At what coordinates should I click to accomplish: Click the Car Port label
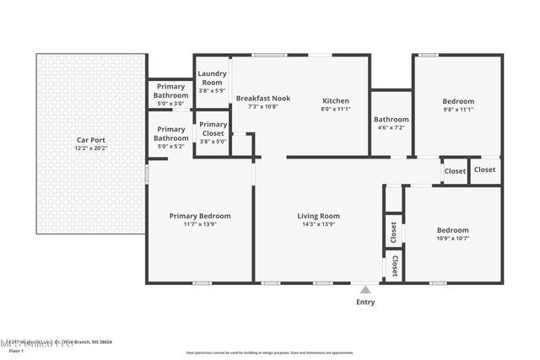(x=91, y=140)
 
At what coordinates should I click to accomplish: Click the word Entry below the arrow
(x=365, y=302)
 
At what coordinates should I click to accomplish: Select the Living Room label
(x=318, y=216)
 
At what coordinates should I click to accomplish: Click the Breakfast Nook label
(x=262, y=99)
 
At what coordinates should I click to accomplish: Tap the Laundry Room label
(x=212, y=78)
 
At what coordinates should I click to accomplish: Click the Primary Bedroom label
(x=200, y=216)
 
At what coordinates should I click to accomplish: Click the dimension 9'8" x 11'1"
(x=458, y=110)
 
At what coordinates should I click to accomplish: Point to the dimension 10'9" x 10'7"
(x=452, y=239)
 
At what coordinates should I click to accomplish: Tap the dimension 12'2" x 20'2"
(x=91, y=148)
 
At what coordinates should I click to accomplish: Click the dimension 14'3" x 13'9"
(x=318, y=225)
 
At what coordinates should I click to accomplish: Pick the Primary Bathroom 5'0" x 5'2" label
(x=170, y=137)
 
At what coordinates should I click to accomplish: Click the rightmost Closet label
(x=484, y=169)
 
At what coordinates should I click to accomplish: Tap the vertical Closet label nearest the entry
(x=394, y=266)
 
